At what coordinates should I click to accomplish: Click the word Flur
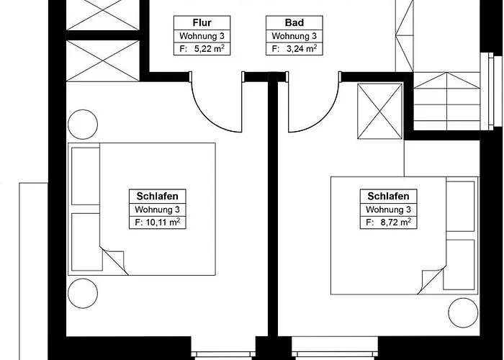click(x=202, y=23)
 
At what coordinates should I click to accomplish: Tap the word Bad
click(x=294, y=23)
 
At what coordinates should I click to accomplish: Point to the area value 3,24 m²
click(x=302, y=49)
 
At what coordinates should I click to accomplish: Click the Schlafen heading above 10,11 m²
click(x=157, y=196)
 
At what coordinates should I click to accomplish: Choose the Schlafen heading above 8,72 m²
click(x=388, y=196)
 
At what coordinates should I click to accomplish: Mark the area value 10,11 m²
click(x=163, y=222)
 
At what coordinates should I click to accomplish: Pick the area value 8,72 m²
click(x=396, y=222)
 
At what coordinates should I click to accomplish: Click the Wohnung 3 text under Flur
click(x=202, y=36)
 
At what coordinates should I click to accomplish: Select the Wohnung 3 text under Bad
click(x=294, y=36)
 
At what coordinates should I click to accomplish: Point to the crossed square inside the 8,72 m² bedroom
click(x=380, y=111)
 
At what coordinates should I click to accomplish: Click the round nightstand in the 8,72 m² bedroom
click(x=463, y=312)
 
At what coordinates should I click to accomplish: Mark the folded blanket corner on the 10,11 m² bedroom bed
click(x=114, y=261)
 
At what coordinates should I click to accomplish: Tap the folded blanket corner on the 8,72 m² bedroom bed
click(x=431, y=280)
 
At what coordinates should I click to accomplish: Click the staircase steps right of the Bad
click(x=446, y=102)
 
